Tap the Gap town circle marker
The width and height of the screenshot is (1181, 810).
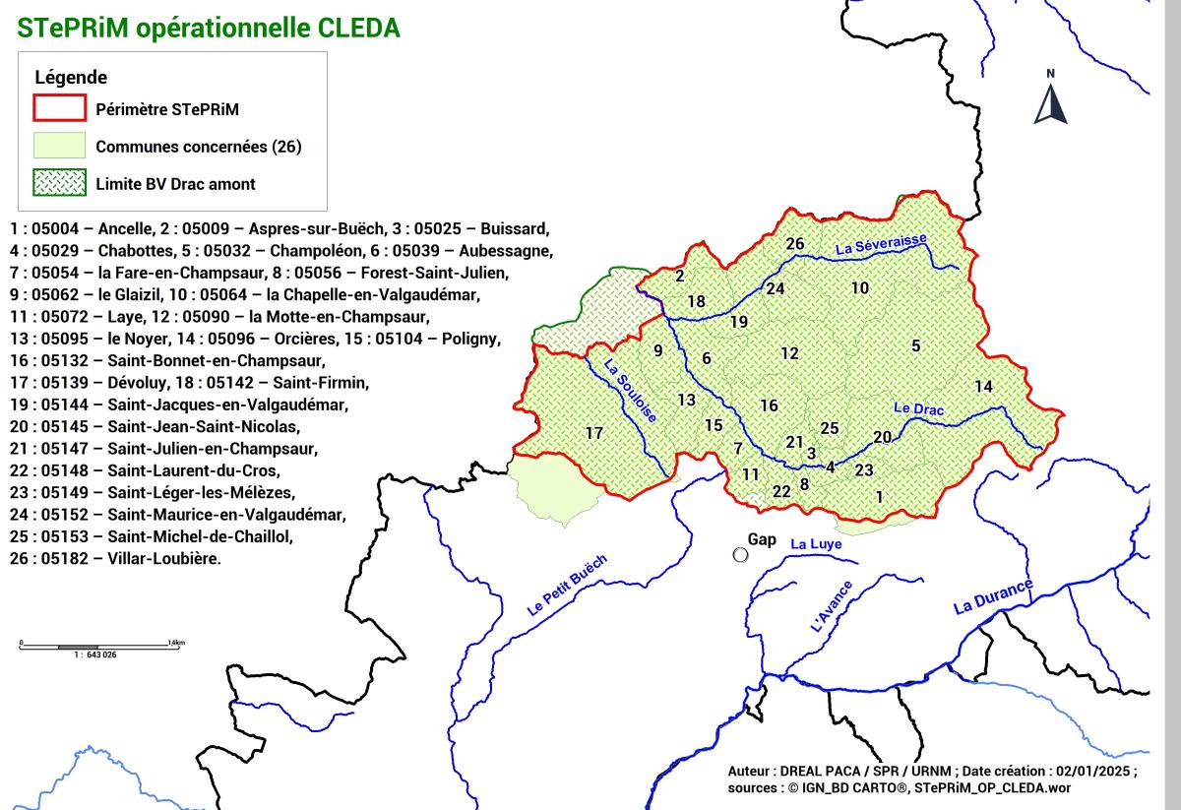pos(741,554)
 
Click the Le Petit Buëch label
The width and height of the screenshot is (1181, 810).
pos(567,587)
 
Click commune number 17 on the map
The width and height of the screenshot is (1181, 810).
pos(593,433)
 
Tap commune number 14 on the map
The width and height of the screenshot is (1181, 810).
pos(983,387)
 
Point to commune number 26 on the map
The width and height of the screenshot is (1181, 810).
pos(795,244)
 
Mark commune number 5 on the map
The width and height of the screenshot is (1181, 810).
pos(915,345)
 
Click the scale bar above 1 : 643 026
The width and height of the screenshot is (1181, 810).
pos(93,647)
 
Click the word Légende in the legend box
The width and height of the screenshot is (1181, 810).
pos(71,77)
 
